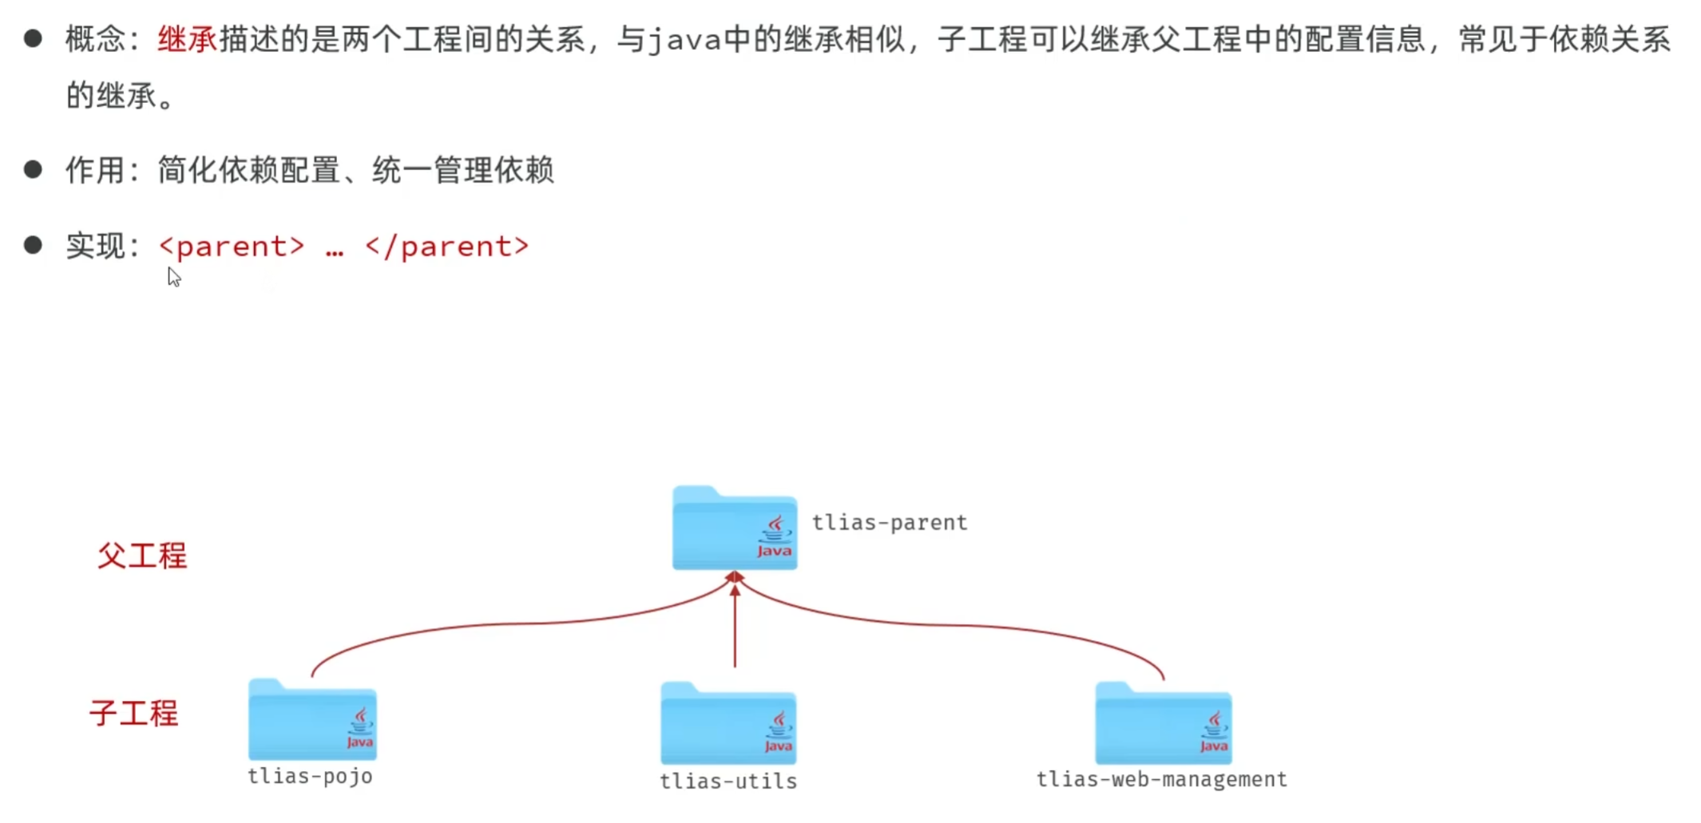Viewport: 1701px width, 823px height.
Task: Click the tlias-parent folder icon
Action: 734,528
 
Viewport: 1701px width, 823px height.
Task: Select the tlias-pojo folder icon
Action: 312,720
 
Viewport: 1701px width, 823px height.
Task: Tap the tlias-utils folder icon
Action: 728,723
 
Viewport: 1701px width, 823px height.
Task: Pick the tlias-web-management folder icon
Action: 1163,723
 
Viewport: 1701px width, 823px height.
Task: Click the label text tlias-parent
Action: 889,523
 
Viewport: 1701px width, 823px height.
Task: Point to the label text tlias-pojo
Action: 310,777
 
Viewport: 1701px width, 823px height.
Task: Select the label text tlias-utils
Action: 728,781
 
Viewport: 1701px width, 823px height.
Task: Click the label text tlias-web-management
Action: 1161,780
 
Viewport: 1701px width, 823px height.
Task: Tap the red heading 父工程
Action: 142,556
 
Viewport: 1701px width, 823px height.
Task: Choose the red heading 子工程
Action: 133,713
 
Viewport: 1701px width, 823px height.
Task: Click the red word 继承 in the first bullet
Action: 187,39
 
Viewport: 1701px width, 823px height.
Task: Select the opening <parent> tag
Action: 232,246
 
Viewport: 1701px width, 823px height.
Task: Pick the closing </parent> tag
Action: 446,246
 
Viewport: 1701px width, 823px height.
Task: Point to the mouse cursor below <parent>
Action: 174,277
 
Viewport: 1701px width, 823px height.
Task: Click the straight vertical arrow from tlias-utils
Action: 735,631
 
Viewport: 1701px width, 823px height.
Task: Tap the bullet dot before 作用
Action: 33,169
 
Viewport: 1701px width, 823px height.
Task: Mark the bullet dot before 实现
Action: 33,245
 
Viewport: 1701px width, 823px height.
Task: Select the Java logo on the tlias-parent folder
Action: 775,537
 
